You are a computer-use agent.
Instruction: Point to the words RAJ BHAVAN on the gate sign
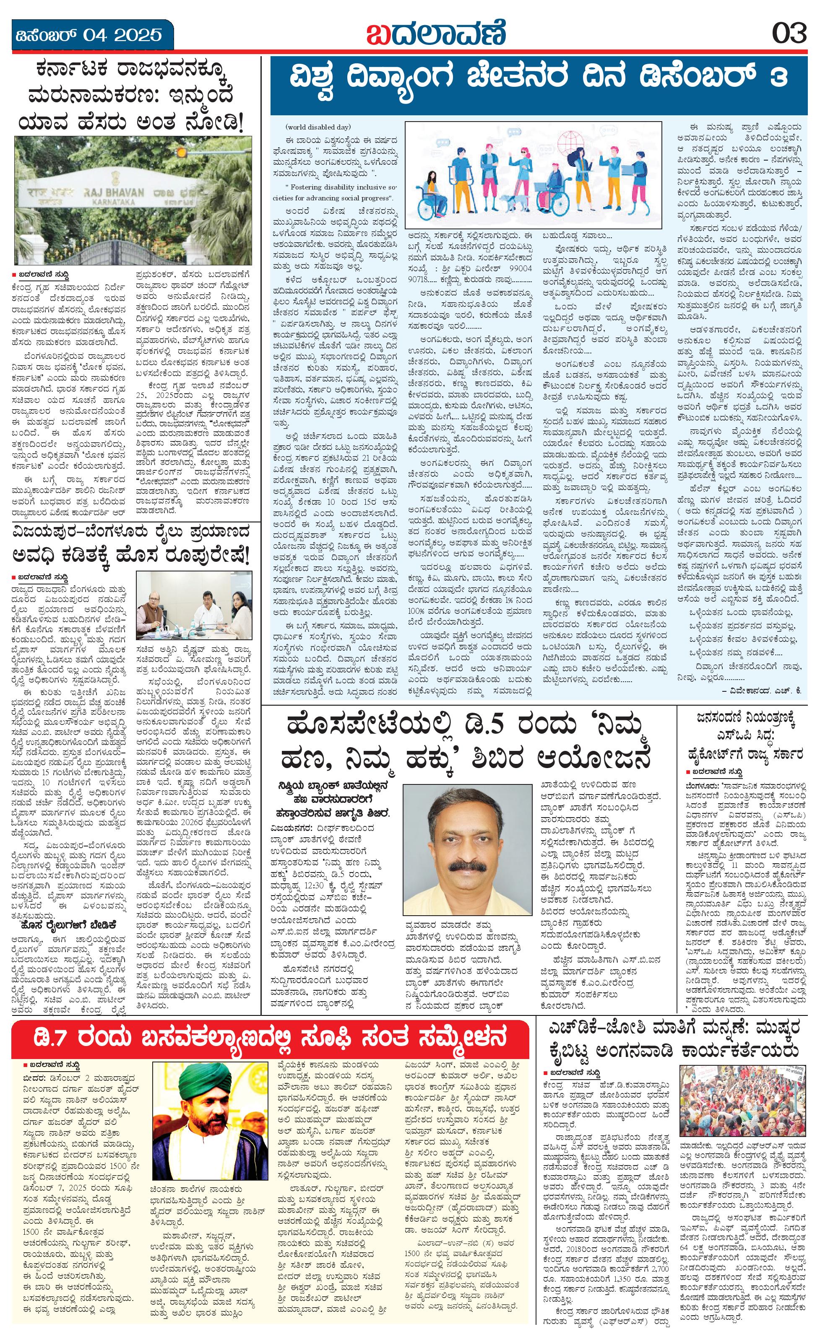(x=115, y=192)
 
